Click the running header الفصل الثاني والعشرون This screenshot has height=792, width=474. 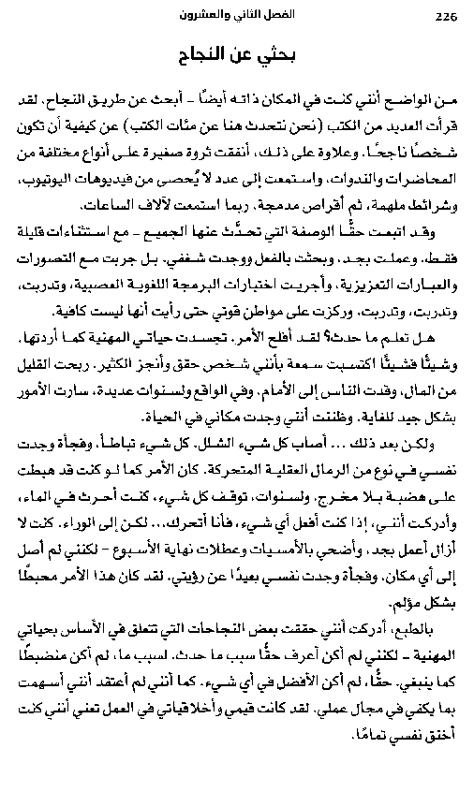243,17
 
